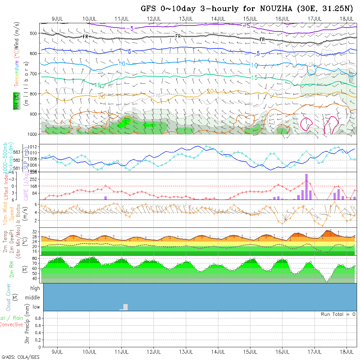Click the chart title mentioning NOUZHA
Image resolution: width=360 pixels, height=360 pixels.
tap(247, 9)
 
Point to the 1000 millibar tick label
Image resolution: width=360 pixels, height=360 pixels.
tap(32, 134)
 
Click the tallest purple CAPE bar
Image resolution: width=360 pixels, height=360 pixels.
tap(307, 186)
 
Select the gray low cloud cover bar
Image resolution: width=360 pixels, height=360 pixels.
tap(125, 307)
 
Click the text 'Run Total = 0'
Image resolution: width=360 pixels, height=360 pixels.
tap(338, 314)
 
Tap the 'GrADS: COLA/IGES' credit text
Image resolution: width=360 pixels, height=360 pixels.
tap(20, 357)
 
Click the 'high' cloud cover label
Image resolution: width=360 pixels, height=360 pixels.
tap(35, 288)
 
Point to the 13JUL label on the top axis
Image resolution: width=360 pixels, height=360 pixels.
tap(186, 18)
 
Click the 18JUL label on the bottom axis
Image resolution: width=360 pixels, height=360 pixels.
tap(347, 352)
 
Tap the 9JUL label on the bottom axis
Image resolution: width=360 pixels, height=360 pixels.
tap(58, 352)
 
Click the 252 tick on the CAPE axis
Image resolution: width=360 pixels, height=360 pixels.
tap(35, 179)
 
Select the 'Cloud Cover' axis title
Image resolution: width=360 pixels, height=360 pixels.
tap(9, 297)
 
